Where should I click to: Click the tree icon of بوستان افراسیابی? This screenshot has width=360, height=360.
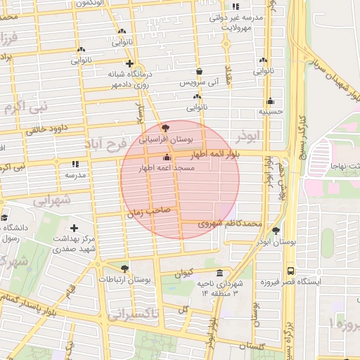click(165, 128)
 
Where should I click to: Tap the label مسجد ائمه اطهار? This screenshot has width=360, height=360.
click(167, 169)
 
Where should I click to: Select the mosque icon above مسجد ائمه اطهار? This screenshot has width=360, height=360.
click(167, 157)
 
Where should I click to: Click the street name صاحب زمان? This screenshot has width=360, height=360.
click(144, 210)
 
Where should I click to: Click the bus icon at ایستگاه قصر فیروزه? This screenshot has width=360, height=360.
click(290, 271)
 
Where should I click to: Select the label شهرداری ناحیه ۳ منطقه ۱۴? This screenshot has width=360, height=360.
click(219, 287)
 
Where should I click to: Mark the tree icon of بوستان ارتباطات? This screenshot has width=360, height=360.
click(124, 268)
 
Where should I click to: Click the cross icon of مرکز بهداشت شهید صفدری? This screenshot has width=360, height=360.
click(75, 228)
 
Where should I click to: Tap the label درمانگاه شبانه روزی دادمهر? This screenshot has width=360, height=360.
click(130, 79)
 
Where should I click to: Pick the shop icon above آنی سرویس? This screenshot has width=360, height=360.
click(200, 71)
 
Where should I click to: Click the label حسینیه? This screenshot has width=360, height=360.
click(271, 111)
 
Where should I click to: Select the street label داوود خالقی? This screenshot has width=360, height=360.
click(46, 129)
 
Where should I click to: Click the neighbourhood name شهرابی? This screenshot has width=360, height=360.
click(52, 200)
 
